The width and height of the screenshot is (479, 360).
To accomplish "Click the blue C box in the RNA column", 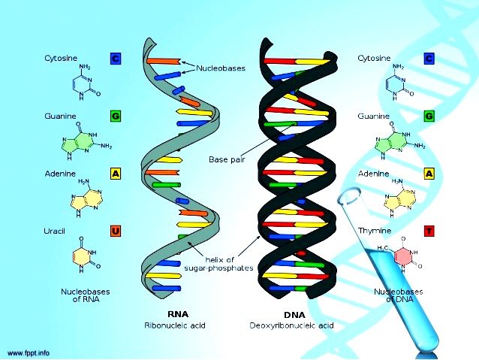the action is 116,58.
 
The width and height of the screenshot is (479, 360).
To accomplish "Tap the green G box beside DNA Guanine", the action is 429,116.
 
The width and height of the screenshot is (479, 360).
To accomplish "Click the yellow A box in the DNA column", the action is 429,174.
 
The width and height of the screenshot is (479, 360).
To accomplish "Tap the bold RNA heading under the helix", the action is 174,314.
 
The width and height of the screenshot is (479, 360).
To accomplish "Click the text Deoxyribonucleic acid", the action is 292,326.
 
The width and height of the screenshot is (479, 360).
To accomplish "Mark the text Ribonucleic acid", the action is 174,326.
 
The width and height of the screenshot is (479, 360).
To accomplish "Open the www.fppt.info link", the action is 29,352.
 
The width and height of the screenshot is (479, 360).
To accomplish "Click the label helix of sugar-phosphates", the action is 221,264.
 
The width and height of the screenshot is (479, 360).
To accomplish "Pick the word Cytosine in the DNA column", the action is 373,58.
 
